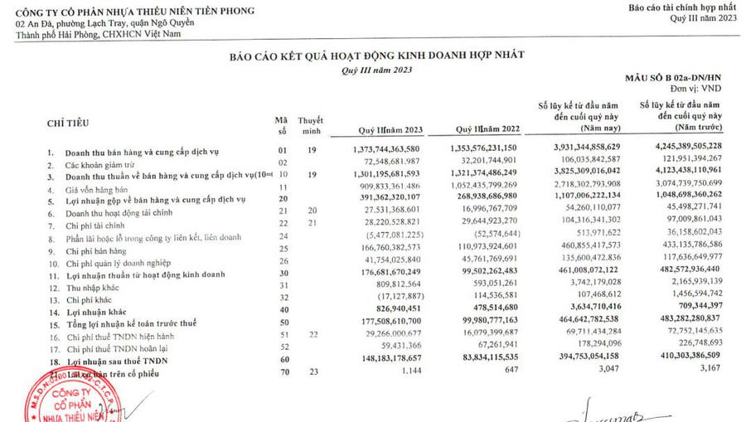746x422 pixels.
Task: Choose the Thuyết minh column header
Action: [x=310, y=126]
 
